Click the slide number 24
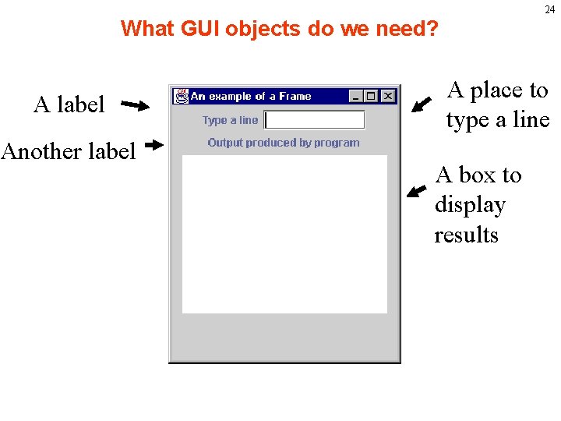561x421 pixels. coord(550,10)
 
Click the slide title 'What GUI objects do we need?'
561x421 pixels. coord(280,29)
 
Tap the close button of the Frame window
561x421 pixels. coord(387,96)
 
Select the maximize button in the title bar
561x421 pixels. coord(371,96)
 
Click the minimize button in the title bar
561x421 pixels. coord(356,96)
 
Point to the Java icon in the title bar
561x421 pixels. coord(182,96)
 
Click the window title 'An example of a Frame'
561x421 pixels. coord(251,97)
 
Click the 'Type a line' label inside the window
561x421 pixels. coord(230,120)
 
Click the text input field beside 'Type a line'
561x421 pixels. coord(315,120)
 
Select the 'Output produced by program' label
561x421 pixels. coord(284,143)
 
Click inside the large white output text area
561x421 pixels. coord(284,234)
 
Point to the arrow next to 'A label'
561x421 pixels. coord(136,105)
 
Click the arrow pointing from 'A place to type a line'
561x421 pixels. coord(422,104)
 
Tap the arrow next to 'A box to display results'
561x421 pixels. coord(418,192)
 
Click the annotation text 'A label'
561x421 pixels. coord(69,104)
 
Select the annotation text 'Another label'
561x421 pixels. coord(69,150)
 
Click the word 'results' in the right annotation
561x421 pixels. coord(466,235)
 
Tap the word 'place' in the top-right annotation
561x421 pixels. coord(499,90)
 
